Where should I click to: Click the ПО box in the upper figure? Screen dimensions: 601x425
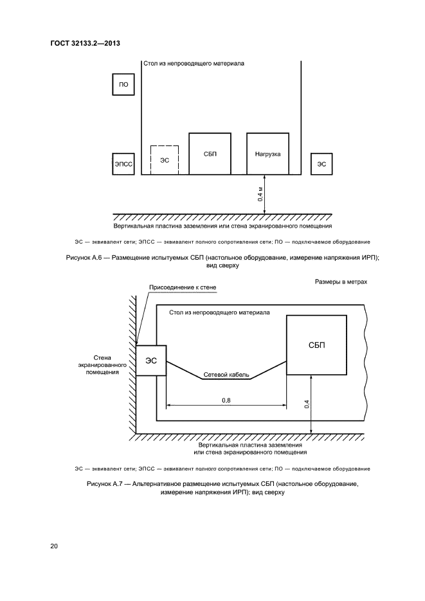click(x=123, y=85)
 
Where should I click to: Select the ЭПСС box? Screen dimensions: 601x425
click(x=123, y=165)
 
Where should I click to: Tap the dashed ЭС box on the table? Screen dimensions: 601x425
click(x=165, y=159)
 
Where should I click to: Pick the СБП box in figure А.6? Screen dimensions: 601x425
click(x=210, y=154)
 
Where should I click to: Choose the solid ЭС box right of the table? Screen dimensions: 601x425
click(x=321, y=165)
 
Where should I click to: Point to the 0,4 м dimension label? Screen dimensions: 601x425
click(x=260, y=195)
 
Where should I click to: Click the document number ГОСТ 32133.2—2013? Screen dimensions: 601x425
click(x=86, y=44)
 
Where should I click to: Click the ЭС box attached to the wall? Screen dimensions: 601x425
click(x=151, y=361)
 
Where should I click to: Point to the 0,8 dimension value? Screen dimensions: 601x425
click(x=226, y=400)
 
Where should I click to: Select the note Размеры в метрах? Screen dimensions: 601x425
click(x=341, y=282)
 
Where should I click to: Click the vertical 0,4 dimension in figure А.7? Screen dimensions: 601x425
click(x=307, y=404)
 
